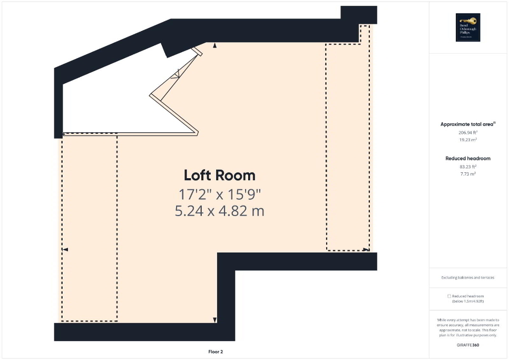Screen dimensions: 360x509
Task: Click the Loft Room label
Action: point(219,176)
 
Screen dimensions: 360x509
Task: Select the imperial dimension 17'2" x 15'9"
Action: point(219,194)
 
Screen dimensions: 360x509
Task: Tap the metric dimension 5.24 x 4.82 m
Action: point(219,211)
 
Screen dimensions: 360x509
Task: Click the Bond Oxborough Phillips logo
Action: point(468,27)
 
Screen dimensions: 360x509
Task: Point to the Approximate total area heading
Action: point(467,124)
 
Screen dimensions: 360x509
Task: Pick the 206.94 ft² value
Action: point(468,133)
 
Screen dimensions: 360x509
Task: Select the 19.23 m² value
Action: point(468,140)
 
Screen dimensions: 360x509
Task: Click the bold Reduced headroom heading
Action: point(468,158)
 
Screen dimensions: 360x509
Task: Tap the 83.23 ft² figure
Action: point(468,167)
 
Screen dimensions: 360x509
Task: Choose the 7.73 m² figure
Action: point(468,173)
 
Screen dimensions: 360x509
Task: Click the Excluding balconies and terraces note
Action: point(468,277)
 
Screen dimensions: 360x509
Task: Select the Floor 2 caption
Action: point(216,352)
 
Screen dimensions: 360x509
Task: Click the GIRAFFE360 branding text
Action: point(468,345)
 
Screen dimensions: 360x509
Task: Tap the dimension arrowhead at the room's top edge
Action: point(215,46)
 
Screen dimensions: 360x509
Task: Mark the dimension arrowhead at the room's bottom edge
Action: point(215,319)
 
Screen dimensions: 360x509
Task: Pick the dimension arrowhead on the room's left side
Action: point(65,249)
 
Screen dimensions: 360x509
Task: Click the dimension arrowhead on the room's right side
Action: point(367,249)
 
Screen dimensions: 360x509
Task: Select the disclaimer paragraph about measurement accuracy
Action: point(468,327)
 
